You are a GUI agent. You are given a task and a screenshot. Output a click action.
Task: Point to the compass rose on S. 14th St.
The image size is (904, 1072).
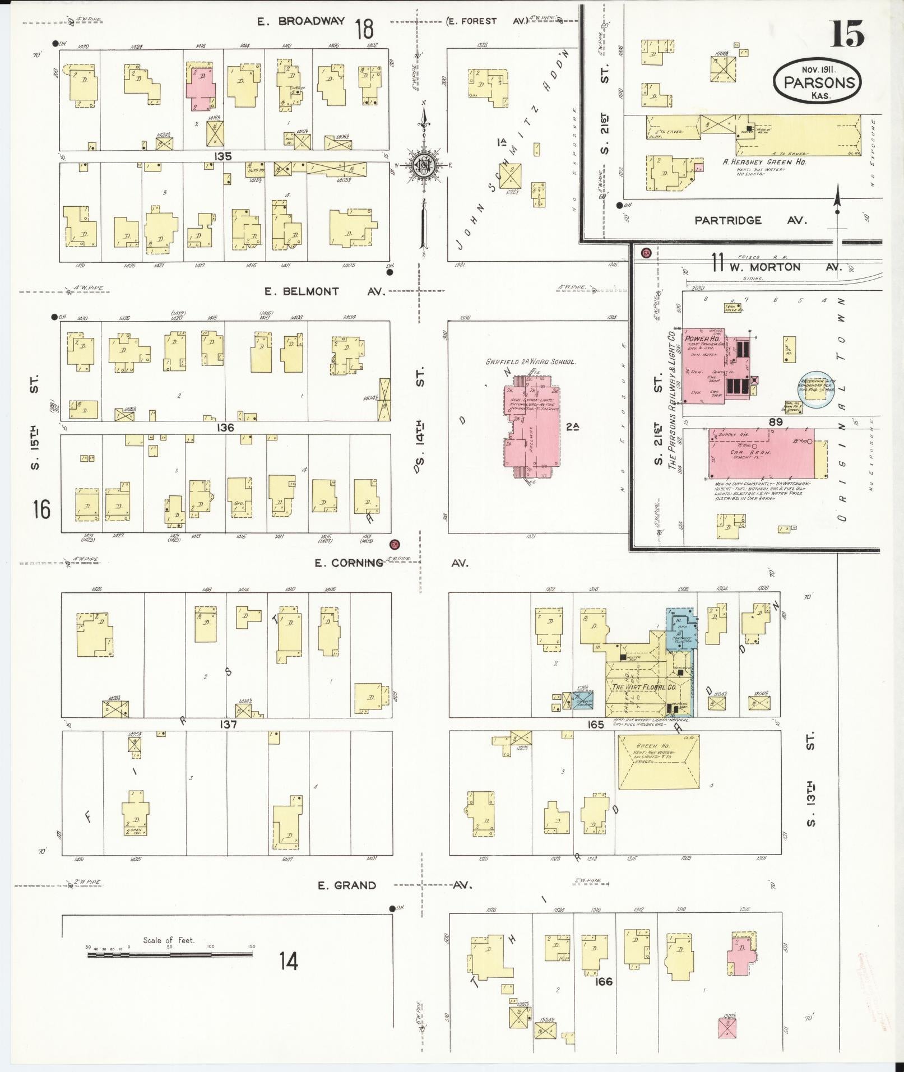424,165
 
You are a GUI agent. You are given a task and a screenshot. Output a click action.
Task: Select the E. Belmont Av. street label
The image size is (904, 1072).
325,291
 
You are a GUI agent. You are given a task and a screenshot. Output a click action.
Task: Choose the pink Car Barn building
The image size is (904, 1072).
761,454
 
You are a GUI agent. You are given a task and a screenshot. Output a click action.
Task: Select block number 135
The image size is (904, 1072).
223,156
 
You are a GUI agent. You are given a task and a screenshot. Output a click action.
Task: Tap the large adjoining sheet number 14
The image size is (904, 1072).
289,961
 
